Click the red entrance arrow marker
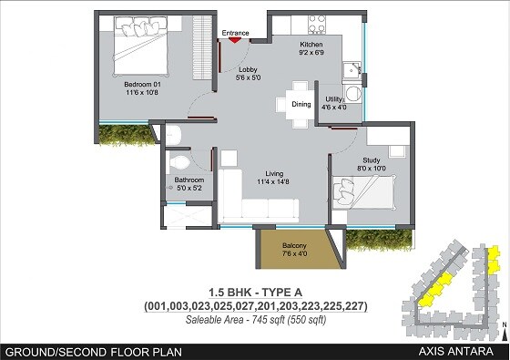[x=234, y=38]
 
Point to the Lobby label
[x=246, y=70]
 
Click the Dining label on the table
[x=301, y=104]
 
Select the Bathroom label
[x=189, y=180]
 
